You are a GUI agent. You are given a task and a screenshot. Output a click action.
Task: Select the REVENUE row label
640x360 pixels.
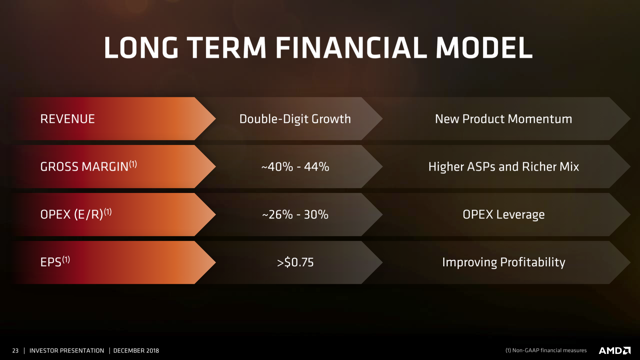click(x=67, y=119)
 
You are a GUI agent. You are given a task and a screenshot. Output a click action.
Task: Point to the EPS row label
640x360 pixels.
click(x=54, y=262)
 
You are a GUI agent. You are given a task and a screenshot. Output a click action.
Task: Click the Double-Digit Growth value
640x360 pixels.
click(x=295, y=119)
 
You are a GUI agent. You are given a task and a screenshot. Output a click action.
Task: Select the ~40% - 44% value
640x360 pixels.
click(x=295, y=167)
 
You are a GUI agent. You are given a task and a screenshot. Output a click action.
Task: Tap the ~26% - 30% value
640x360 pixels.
click(x=295, y=215)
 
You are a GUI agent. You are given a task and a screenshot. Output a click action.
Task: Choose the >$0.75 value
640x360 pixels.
click(x=295, y=262)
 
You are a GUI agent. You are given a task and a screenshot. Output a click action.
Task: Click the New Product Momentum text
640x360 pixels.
click(x=503, y=119)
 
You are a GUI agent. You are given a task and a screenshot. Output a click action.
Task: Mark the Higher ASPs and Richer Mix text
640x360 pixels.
click(x=503, y=167)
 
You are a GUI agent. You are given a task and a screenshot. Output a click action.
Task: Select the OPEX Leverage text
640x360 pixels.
click(x=503, y=215)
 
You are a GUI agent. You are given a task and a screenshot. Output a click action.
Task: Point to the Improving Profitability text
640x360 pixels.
click(x=503, y=262)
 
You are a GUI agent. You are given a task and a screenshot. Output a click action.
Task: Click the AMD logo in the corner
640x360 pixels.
click(x=613, y=350)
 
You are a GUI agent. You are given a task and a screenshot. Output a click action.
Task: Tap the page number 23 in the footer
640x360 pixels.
click(x=15, y=351)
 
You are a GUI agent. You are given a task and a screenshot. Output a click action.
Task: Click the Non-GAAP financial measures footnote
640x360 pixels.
click(x=546, y=351)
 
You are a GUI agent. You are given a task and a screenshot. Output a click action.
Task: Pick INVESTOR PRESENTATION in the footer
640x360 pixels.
click(x=66, y=351)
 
